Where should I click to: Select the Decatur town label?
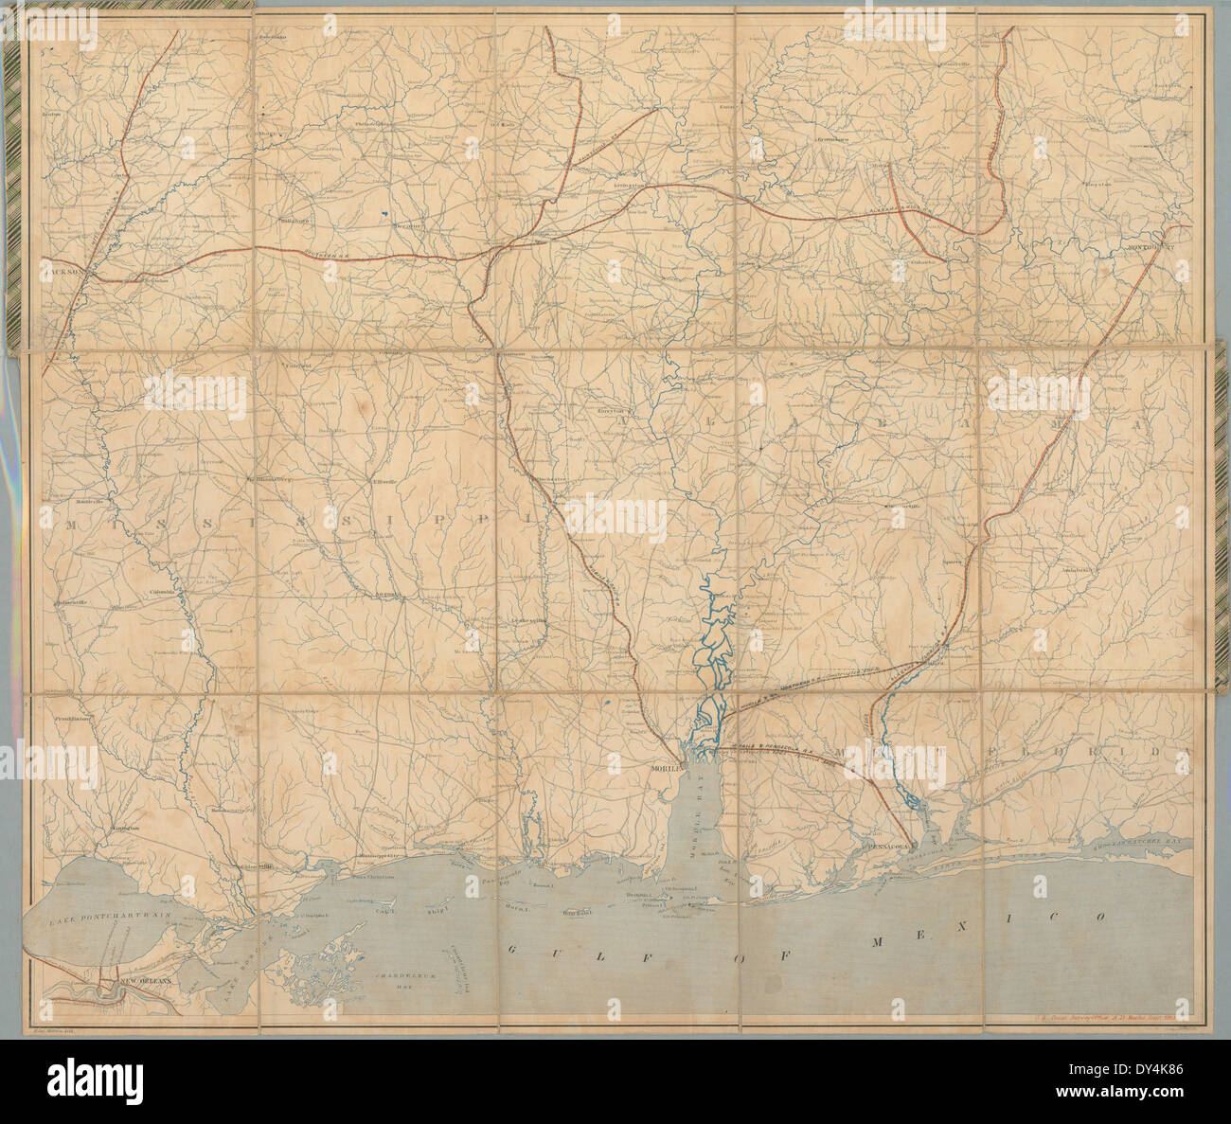408,229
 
